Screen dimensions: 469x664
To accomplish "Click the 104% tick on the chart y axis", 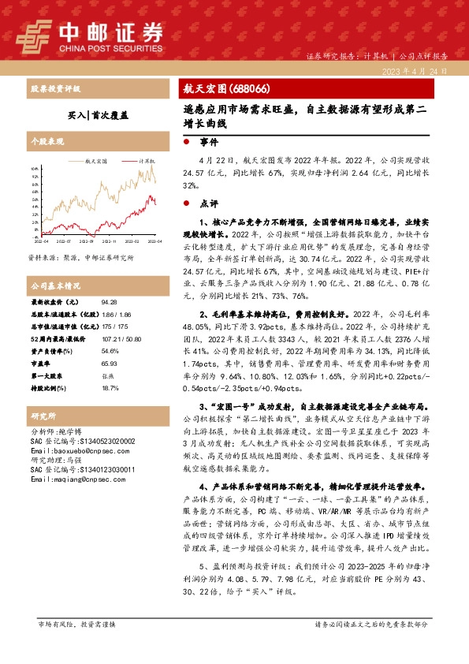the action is (34, 169).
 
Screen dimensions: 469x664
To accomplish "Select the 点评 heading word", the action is (209, 203).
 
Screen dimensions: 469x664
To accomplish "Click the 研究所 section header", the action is (44, 415).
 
